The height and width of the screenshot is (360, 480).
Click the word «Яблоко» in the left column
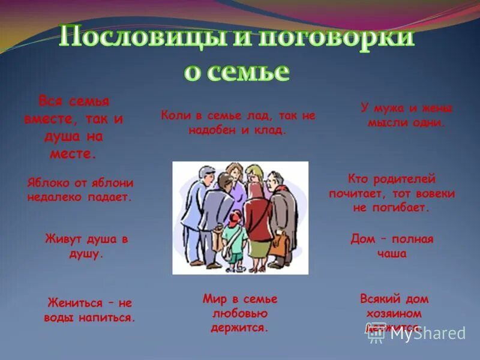pyautogui.click(x=47, y=183)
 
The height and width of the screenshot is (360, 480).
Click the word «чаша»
pyautogui.click(x=392, y=253)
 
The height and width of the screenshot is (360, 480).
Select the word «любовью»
pyautogui.click(x=239, y=313)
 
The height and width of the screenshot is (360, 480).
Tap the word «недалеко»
pyautogui.click(x=55, y=197)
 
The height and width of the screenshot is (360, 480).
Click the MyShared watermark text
pyautogui.click(x=427, y=334)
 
